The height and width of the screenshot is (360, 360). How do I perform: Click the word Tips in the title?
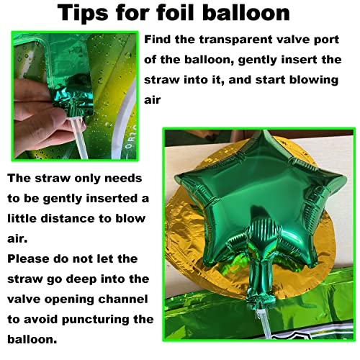point(83,14)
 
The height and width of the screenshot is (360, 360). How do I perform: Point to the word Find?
point(158,39)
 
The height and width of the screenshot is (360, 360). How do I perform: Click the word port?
point(327,40)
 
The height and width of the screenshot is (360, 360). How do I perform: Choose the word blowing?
point(314,80)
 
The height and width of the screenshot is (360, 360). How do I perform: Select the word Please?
point(28,258)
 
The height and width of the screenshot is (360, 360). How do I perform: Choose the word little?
point(22,218)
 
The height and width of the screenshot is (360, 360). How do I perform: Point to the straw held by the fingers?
point(78,138)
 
